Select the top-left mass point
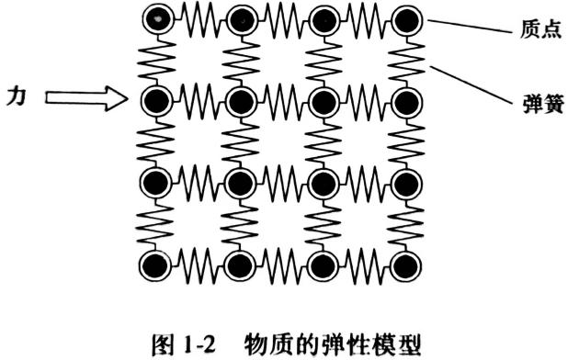point(158,17)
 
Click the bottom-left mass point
point(156,265)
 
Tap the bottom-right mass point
point(403,265)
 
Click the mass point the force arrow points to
point(157,98)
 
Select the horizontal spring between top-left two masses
point(199,17)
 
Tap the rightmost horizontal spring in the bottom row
point(363,265)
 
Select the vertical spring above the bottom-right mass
point(403,222)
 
